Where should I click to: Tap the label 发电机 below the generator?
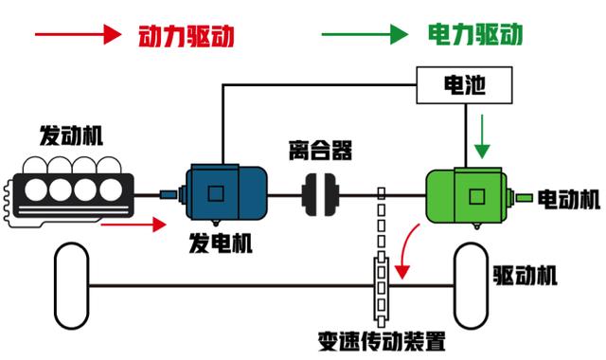pyautogui.click(x=220, y=243)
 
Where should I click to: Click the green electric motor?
pyautogui.click(x=468, y=197)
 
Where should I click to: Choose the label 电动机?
pyautogui.click(x=568, y=199)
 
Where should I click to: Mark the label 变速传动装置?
pyautogui.click(x=383, y=341)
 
